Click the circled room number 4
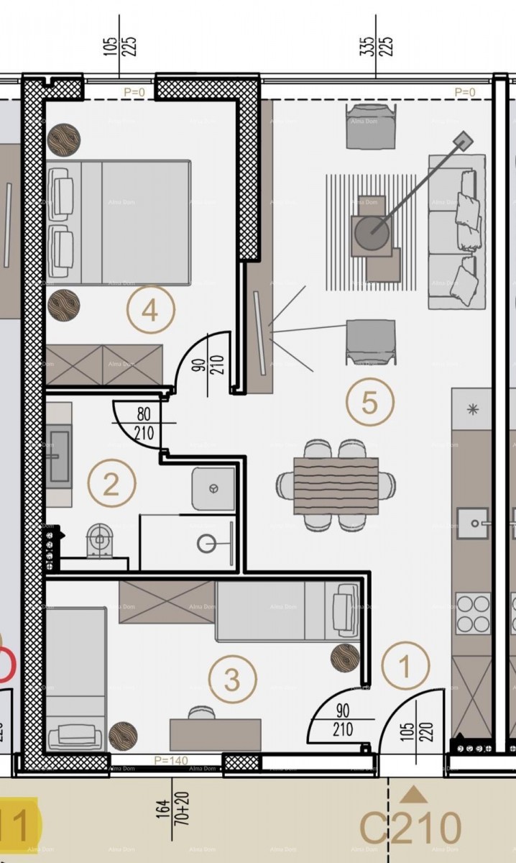click(x=149, y=311)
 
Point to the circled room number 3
click(x=232, y=678)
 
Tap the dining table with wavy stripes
click(x=336, y=486)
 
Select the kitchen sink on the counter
click(x=472, y=523)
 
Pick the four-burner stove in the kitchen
click(x=472, y=613)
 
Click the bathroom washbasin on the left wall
click(x=59, y=456)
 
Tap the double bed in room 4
click(x=119, y=222)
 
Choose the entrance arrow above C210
click(x=413, y=794)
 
